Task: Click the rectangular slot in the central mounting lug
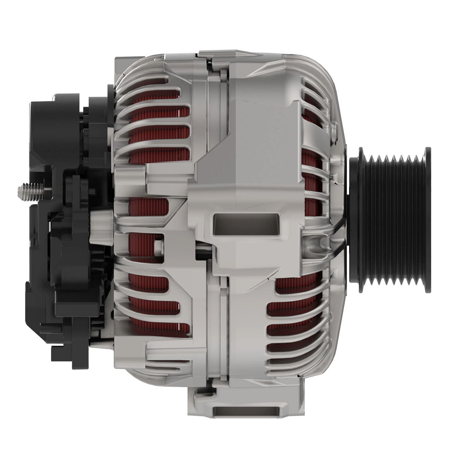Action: coord(246,224)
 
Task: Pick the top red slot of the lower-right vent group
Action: coord(296,286)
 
